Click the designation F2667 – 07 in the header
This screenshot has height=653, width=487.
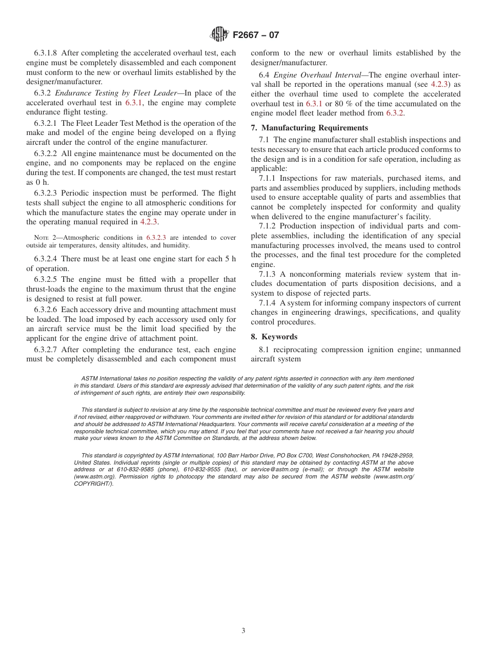256,35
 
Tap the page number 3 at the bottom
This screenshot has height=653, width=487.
243,631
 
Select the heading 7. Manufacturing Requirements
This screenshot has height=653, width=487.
309,128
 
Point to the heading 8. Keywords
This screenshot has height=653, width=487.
274,337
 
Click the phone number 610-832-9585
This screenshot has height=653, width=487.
134,469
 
